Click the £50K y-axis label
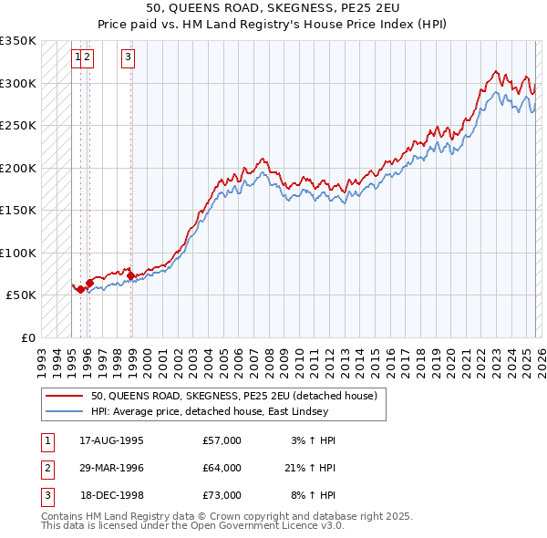click(x=21, y=295)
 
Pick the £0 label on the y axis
click(x=28, y=337)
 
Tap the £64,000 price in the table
click(x=222, y=468)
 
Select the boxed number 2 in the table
click(x=46, y=468)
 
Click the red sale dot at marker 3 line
click(x=130, y=274)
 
